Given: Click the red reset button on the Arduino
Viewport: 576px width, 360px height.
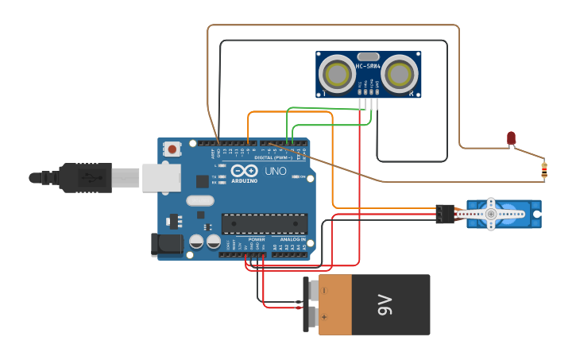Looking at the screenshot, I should (172, 149).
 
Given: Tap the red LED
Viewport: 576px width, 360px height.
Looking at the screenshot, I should (512, 138).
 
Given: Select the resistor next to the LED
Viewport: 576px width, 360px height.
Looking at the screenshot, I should (543, 169).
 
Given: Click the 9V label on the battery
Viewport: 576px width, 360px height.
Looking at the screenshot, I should (385, 304).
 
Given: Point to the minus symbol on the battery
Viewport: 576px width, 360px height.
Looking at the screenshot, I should (324, 292).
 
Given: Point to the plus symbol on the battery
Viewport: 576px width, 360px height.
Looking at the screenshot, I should (324, 319).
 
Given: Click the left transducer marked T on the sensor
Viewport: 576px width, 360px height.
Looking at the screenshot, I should (338, 74).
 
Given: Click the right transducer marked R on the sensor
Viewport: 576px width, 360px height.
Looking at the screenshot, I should (399, 74).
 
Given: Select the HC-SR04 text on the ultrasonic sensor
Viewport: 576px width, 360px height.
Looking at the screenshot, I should (369, 66).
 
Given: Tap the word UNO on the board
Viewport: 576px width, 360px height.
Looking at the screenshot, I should (276, 171).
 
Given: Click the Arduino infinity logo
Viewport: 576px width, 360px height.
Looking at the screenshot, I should (245, 171).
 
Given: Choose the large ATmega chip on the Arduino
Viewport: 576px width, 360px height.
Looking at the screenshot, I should (265, 224).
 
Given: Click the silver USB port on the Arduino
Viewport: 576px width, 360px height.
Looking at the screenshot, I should (161, 178).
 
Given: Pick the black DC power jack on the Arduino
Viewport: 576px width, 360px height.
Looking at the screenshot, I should (167, 245).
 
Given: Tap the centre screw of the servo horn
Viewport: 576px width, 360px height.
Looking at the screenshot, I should (491, 214).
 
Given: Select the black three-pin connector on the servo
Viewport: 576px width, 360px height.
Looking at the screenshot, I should (445, 214).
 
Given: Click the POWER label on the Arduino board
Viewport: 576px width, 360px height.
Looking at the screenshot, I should (257, 239).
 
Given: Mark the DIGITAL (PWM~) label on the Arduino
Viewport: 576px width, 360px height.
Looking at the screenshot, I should (273, 157).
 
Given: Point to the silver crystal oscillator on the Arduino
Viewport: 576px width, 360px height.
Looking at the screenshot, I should (200, 201).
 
